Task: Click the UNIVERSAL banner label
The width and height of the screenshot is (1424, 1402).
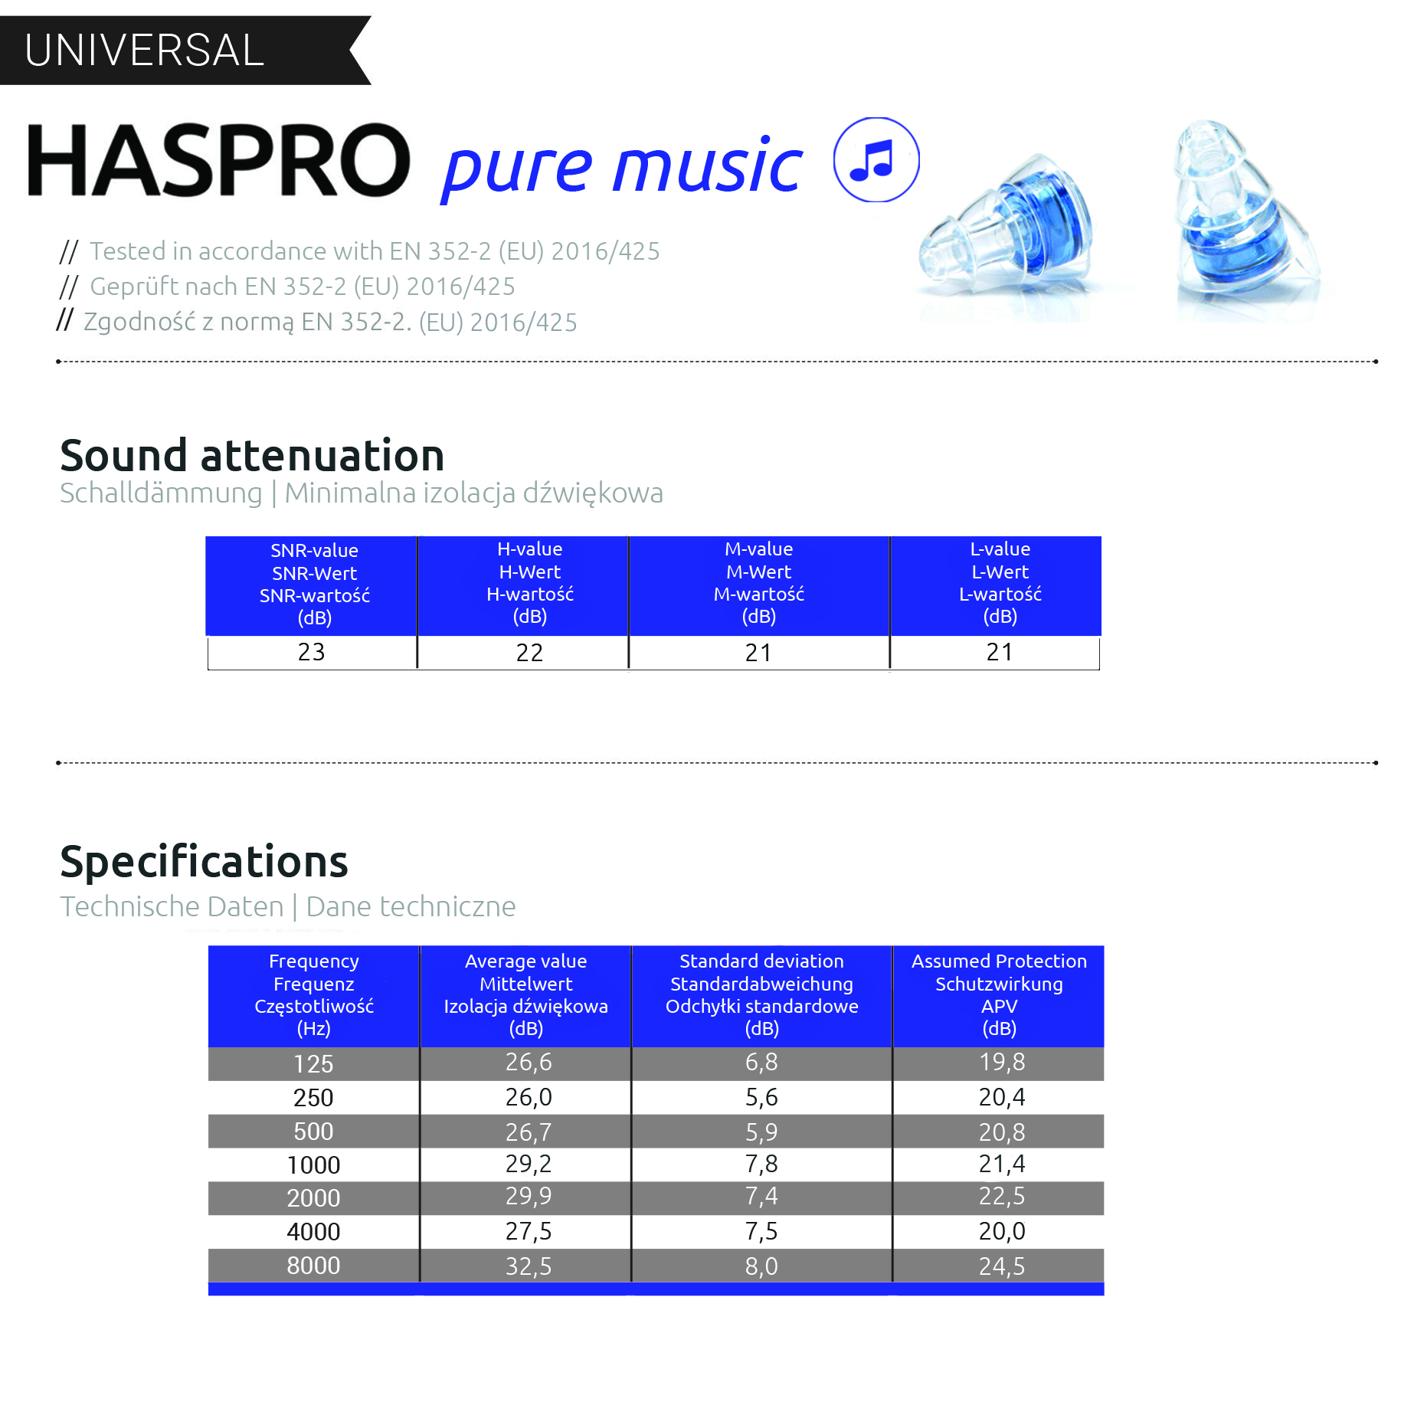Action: coord(144,51)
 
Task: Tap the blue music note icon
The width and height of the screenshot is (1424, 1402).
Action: coord(876,160)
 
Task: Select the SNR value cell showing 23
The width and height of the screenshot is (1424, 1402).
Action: coord(312,652)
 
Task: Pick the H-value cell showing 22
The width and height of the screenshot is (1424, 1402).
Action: coord(529,653)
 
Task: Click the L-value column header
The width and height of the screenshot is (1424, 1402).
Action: coord(1000,583)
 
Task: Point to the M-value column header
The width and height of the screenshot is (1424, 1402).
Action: coord(759,583)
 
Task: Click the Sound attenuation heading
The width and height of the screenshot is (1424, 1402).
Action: coord(252,456)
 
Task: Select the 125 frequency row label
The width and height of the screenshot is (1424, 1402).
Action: coord(313,1063)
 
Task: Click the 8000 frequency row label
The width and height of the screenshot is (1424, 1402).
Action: coord(313,1266)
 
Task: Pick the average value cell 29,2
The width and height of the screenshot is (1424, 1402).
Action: coord(529,1165)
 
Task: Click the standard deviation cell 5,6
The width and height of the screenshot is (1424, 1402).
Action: coord(761,1097)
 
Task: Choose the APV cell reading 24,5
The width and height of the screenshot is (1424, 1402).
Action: coord(1001,1266)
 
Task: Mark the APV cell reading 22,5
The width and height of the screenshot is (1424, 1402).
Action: coord(1001,1197)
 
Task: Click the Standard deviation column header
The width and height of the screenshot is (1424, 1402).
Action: coord(761,994)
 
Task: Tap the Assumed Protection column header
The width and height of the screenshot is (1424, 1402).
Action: coord(999,994)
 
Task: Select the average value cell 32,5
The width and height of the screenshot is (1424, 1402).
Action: coord(529,1266)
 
